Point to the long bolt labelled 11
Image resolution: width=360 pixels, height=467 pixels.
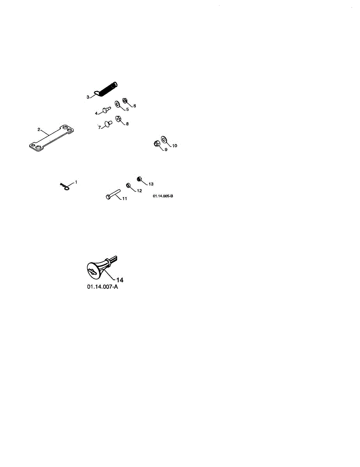tap(112, 194)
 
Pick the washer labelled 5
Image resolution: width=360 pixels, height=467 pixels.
tap(117, 105)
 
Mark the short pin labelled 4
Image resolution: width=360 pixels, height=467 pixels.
tap(106, 110)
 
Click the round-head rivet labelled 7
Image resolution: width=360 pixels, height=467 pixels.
tap(107, 125)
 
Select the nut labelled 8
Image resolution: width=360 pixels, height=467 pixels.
tap(118, 119)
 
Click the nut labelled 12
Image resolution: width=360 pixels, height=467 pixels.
tap(128, 185)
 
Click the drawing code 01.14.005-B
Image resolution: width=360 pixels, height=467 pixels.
tap(163, 197)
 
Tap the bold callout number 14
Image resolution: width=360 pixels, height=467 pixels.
tap(120, 279)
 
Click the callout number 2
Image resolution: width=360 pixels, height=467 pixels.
tap(39, 129)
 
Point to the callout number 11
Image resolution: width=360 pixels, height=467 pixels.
tap(125, 199)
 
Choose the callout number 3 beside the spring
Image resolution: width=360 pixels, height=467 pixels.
tap(88, 97)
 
